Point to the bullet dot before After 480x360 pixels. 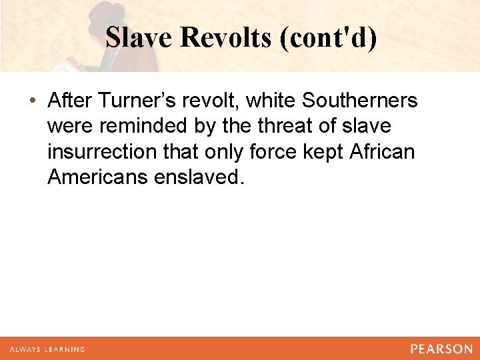tap(33, 101)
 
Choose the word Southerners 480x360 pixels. tap(360, 101)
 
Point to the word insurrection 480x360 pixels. tap(96, 152)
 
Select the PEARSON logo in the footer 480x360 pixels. tap(441, 349)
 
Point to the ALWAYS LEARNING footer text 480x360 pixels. tap(46, 349)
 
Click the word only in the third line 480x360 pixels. tap(225, 152)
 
